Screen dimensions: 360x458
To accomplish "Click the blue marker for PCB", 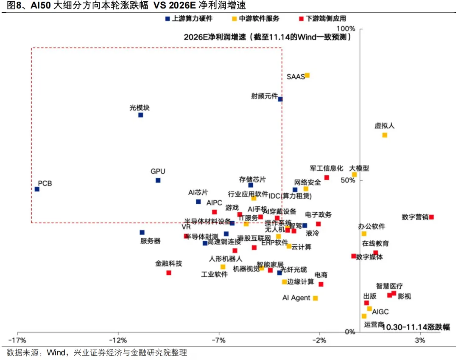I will (37, 189).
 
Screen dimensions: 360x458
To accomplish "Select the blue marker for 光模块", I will (141, 115).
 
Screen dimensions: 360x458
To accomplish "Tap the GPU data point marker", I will (158, 180).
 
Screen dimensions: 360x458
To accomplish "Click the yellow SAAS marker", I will (307, 75).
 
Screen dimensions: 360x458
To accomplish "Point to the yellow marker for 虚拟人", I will (385, 135).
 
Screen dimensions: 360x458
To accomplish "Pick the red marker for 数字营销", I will (431, 217).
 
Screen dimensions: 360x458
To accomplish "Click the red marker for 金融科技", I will (169, 273).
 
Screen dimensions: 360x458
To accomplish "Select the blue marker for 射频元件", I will (280, 99).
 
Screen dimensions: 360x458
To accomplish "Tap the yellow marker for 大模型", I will (355, 174).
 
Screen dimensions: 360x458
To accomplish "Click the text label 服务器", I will (151, 241).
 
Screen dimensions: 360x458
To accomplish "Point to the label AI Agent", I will (296, 298).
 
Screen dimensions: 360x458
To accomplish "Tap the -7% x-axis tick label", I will (218, 340).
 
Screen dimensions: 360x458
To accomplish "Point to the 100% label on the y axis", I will (345, 28).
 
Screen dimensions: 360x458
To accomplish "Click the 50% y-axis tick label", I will (347, 180).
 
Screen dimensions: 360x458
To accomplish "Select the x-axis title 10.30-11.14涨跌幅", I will (416, 327).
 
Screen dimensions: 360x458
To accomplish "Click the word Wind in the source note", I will (56, 353).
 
